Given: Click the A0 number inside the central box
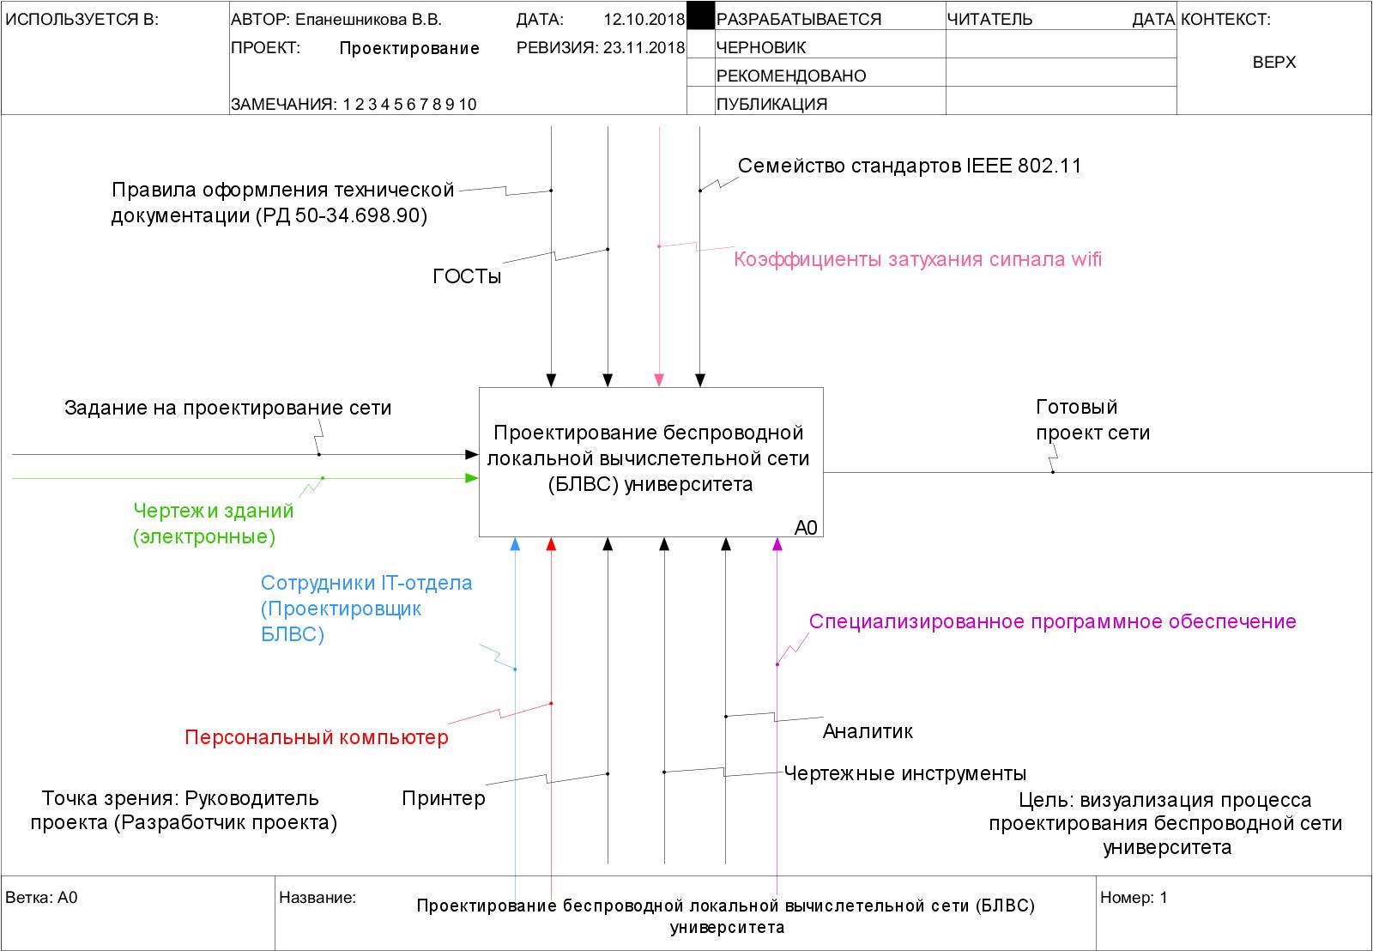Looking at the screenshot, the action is pyautogui.click(x=806, y=527).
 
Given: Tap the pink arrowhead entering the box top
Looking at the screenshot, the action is pyautogui.click(x=659, y=380).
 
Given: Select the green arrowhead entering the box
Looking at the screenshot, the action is pyautogui.click(x=471, y=478).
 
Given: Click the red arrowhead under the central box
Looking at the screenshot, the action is pyautogui.click(x=552, y=544).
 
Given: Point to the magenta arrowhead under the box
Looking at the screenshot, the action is pyautogui.click(x=777, y=544).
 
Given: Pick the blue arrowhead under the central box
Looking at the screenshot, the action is pyautogui.click(x=515, y=544).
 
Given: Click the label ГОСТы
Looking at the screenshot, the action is pyautogui.click(x=467, y=276).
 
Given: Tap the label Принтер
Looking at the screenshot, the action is pyautogui.click(x=444, y=798).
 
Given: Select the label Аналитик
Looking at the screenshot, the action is pyautogui.click(x=868, y=731).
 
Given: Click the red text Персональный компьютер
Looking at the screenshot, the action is pyautogui.click(x=317, y=737).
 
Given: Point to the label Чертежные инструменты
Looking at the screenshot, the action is pyautogui.click(x=905, y=773).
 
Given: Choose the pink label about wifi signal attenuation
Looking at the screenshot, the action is pyautogui.click(x=917, y=259).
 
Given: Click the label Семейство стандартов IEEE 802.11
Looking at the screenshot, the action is pyautogui.click(x=910, y=166).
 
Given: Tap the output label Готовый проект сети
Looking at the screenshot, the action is pyautogui.click(x=1092, y=420).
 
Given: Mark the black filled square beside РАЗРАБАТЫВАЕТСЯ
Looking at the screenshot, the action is pyautogui.click(x=701, y=16).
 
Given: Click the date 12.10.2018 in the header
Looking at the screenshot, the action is pyautogui.click(x=644, y=19).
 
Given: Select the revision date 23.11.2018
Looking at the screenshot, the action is pyautogui.click(x=644, y=48).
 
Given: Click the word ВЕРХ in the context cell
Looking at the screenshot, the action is pyautogui.click(x=1274, y=63).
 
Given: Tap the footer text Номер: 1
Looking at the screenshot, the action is pyautogui.click(x=1134, y=898).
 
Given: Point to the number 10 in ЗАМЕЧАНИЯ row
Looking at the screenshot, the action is pyautogui.click(x=468, y=105).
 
